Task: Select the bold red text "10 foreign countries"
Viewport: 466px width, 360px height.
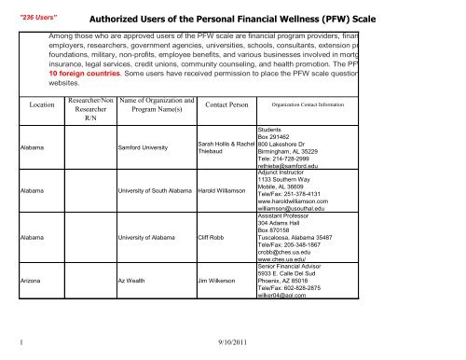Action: tap(86, 68)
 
